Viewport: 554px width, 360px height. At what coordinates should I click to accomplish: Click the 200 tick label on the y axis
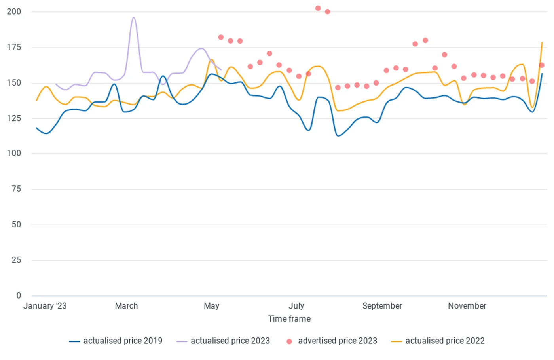(x=14, y=11)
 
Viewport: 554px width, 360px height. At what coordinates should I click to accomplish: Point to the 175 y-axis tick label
(x=14, y=47)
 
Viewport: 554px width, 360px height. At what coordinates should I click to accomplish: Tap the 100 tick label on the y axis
(x=14, y=153)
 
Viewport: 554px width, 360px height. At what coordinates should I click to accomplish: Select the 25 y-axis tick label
(x=16, y=260)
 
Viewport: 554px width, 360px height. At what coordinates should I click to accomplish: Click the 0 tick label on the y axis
(x=19, y=295)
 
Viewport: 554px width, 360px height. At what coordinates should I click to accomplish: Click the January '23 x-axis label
(x=45, y=306)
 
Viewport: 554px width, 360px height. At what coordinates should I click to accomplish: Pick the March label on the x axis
(x=126, y=306)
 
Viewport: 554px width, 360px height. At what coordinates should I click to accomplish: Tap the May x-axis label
(x=211, y=306)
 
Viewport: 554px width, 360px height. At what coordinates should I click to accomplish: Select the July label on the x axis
(x=296, y=306)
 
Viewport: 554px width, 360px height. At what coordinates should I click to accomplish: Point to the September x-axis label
(x=382, y=306)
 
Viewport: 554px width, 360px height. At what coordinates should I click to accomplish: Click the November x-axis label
(x=467, y=306)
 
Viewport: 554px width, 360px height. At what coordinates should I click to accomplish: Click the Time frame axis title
(x=289, y=319)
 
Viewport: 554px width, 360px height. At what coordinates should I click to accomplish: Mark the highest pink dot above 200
(x=318, y=8)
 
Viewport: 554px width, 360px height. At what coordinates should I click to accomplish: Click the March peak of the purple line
(x=133, y=18)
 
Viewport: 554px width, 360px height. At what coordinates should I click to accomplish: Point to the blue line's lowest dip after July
(x=338, y=136)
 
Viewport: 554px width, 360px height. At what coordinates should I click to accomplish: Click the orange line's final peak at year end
(x=542, y=42)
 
